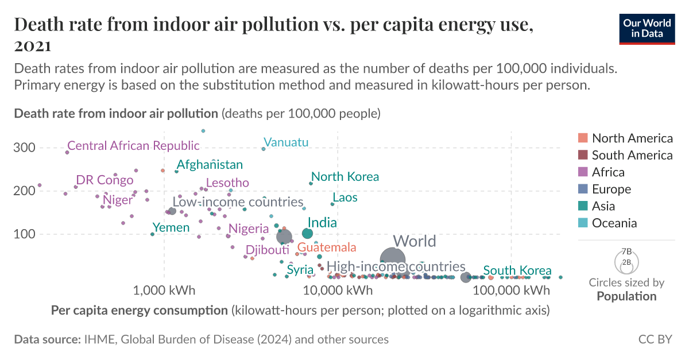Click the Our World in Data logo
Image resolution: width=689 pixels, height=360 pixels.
pos(647,28)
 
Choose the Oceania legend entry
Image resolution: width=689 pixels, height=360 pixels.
pos(614,223)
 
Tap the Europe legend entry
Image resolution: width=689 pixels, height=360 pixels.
pos(611,189)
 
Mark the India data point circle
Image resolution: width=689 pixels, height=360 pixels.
pos(307,233)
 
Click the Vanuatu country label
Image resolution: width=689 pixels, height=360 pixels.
pos(286,142)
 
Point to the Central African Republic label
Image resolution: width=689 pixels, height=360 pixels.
pos(133,146)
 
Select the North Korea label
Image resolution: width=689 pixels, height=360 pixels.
pos(345,177)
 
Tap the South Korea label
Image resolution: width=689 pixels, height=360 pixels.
pos(517,271)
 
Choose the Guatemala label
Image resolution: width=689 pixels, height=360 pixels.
pos(327,248)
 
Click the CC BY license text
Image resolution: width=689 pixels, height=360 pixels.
pos(655,339)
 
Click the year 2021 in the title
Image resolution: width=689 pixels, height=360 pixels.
pos(33,45)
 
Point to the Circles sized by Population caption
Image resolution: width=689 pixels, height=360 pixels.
pos(626,289)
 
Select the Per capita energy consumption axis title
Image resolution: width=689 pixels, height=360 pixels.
pos(139,311)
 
